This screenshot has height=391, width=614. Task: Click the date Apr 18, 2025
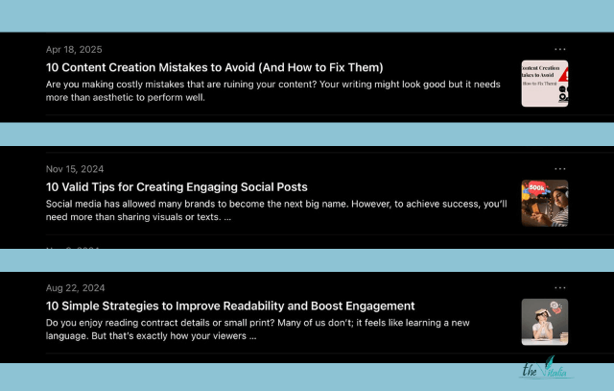coord(74,49)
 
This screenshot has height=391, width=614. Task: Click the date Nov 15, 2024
coord(75,169)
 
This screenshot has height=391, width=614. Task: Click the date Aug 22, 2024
coord(76,288)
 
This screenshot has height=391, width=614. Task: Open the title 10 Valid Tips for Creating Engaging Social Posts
coord(177,186)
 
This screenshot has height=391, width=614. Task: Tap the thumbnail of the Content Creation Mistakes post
coord(544,84)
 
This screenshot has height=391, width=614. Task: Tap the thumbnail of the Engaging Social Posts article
coord(544,203)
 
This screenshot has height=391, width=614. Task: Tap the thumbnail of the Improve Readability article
coord(544,322)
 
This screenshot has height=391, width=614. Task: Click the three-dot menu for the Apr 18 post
coord(560,49)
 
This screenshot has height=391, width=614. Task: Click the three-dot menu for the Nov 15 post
coord(560,169)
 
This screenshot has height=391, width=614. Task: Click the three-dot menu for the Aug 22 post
coord(560,287)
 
